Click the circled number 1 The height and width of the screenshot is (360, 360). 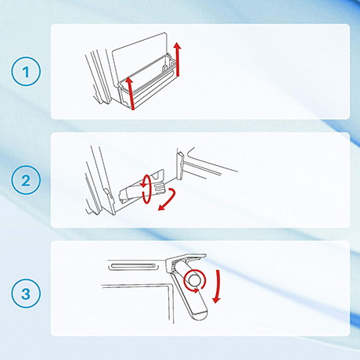point(26,71)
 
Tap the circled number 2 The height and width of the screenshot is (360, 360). point(26,180)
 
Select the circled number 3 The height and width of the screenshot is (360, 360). point(26,293)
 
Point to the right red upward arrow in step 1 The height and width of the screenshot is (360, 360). point(178,59)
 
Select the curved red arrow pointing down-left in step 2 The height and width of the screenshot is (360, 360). point(169,199)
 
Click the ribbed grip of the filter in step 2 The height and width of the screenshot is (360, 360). point(160,188)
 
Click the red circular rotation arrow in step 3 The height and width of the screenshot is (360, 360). point(195,281)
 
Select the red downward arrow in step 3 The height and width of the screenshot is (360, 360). point(217,286)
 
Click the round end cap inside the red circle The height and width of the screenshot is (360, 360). point(195,280)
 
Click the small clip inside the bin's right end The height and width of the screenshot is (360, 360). point(166,67)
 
